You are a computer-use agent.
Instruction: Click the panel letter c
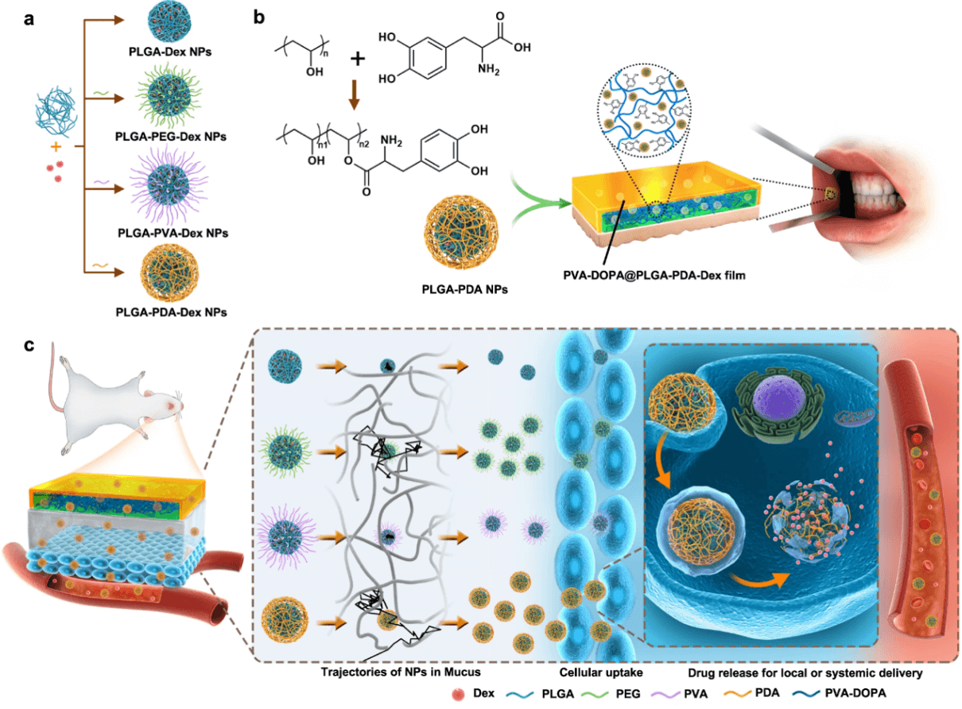point(29,347)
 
